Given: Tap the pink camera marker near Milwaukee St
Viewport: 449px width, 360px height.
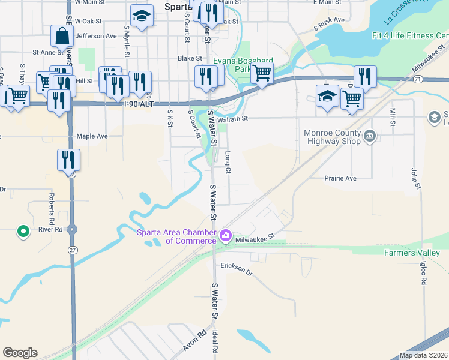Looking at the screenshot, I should tap(226, 236).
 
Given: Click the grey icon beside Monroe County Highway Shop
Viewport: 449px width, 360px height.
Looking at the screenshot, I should tap(370, 136).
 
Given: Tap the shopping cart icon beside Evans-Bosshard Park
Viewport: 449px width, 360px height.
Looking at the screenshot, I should tap(261, 73).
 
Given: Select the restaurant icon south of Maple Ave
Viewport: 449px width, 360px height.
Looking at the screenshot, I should tap(68, 159).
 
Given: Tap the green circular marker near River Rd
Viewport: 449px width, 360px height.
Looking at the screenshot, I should tap(23, 230).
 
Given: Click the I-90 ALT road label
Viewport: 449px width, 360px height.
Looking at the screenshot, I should tap(140, 104).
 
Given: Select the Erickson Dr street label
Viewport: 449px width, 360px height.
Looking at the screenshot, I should tap(237, 268).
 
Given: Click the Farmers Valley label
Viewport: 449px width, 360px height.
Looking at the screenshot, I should tap(412, 253).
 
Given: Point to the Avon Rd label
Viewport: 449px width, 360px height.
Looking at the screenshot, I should tap(196, 340).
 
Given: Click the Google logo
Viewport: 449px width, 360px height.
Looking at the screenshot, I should tap(20, 353).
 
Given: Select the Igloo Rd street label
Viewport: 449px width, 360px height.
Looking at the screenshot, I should tap(423, 272).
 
